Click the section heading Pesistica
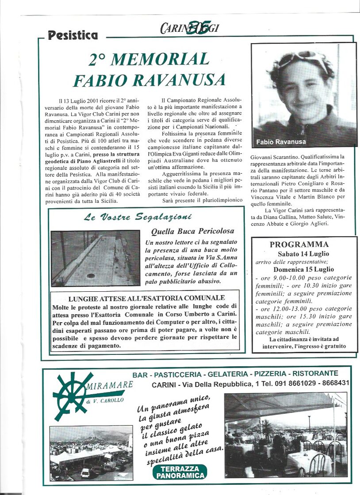73,35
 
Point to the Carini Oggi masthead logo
190,28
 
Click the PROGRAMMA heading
299,244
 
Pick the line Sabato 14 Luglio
303,254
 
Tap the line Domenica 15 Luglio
303,269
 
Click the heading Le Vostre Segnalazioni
138,217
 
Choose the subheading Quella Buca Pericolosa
192,231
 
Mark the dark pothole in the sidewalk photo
91,275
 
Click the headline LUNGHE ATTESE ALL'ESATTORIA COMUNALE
146,298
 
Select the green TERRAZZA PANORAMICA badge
180,472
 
